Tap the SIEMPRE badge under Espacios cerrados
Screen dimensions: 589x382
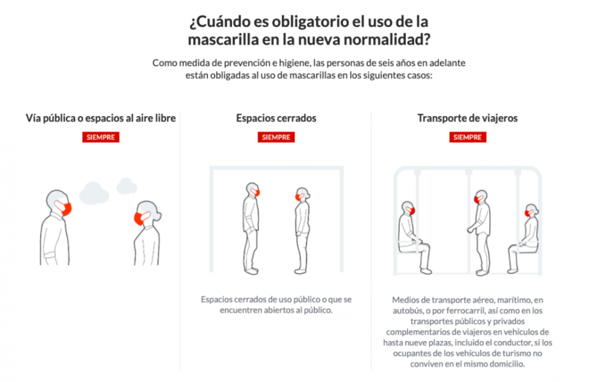point(276,137)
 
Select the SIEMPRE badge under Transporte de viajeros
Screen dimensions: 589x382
point(468,137)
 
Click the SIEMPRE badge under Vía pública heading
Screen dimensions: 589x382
point(101,137)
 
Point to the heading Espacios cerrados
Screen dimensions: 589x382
point(276,118)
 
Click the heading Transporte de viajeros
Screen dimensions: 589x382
point(467,118)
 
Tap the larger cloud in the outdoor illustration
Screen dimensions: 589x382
point(94,194)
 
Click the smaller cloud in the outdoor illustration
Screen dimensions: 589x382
point(126,186)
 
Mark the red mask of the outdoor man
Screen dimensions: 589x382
point(65,208)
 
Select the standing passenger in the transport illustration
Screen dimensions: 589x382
point(480,232)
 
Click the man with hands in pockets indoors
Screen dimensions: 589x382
point(251,228)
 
